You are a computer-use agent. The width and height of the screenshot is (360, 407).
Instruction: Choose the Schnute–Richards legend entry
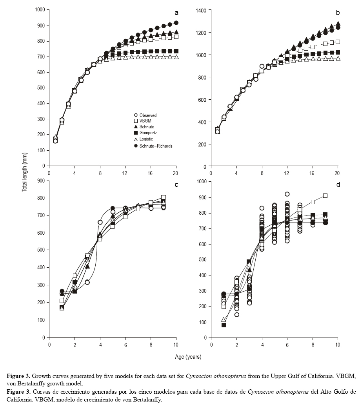click(153, 146)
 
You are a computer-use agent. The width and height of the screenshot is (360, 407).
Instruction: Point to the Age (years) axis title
click(188, 357)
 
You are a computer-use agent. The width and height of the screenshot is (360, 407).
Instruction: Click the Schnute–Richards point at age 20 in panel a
click(176, 23)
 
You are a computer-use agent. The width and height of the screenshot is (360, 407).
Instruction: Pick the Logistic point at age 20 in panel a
click(176, 57)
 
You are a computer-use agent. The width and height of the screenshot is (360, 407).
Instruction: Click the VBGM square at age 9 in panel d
click(325, 195)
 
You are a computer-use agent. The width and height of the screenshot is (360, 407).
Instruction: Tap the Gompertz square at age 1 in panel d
click(224, 325)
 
